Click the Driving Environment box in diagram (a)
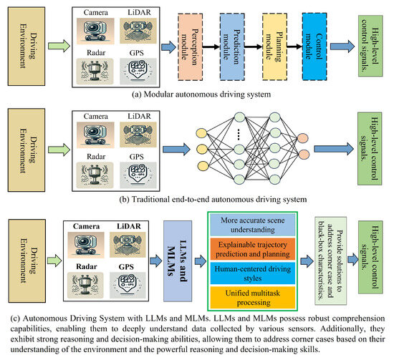coord(29,45)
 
